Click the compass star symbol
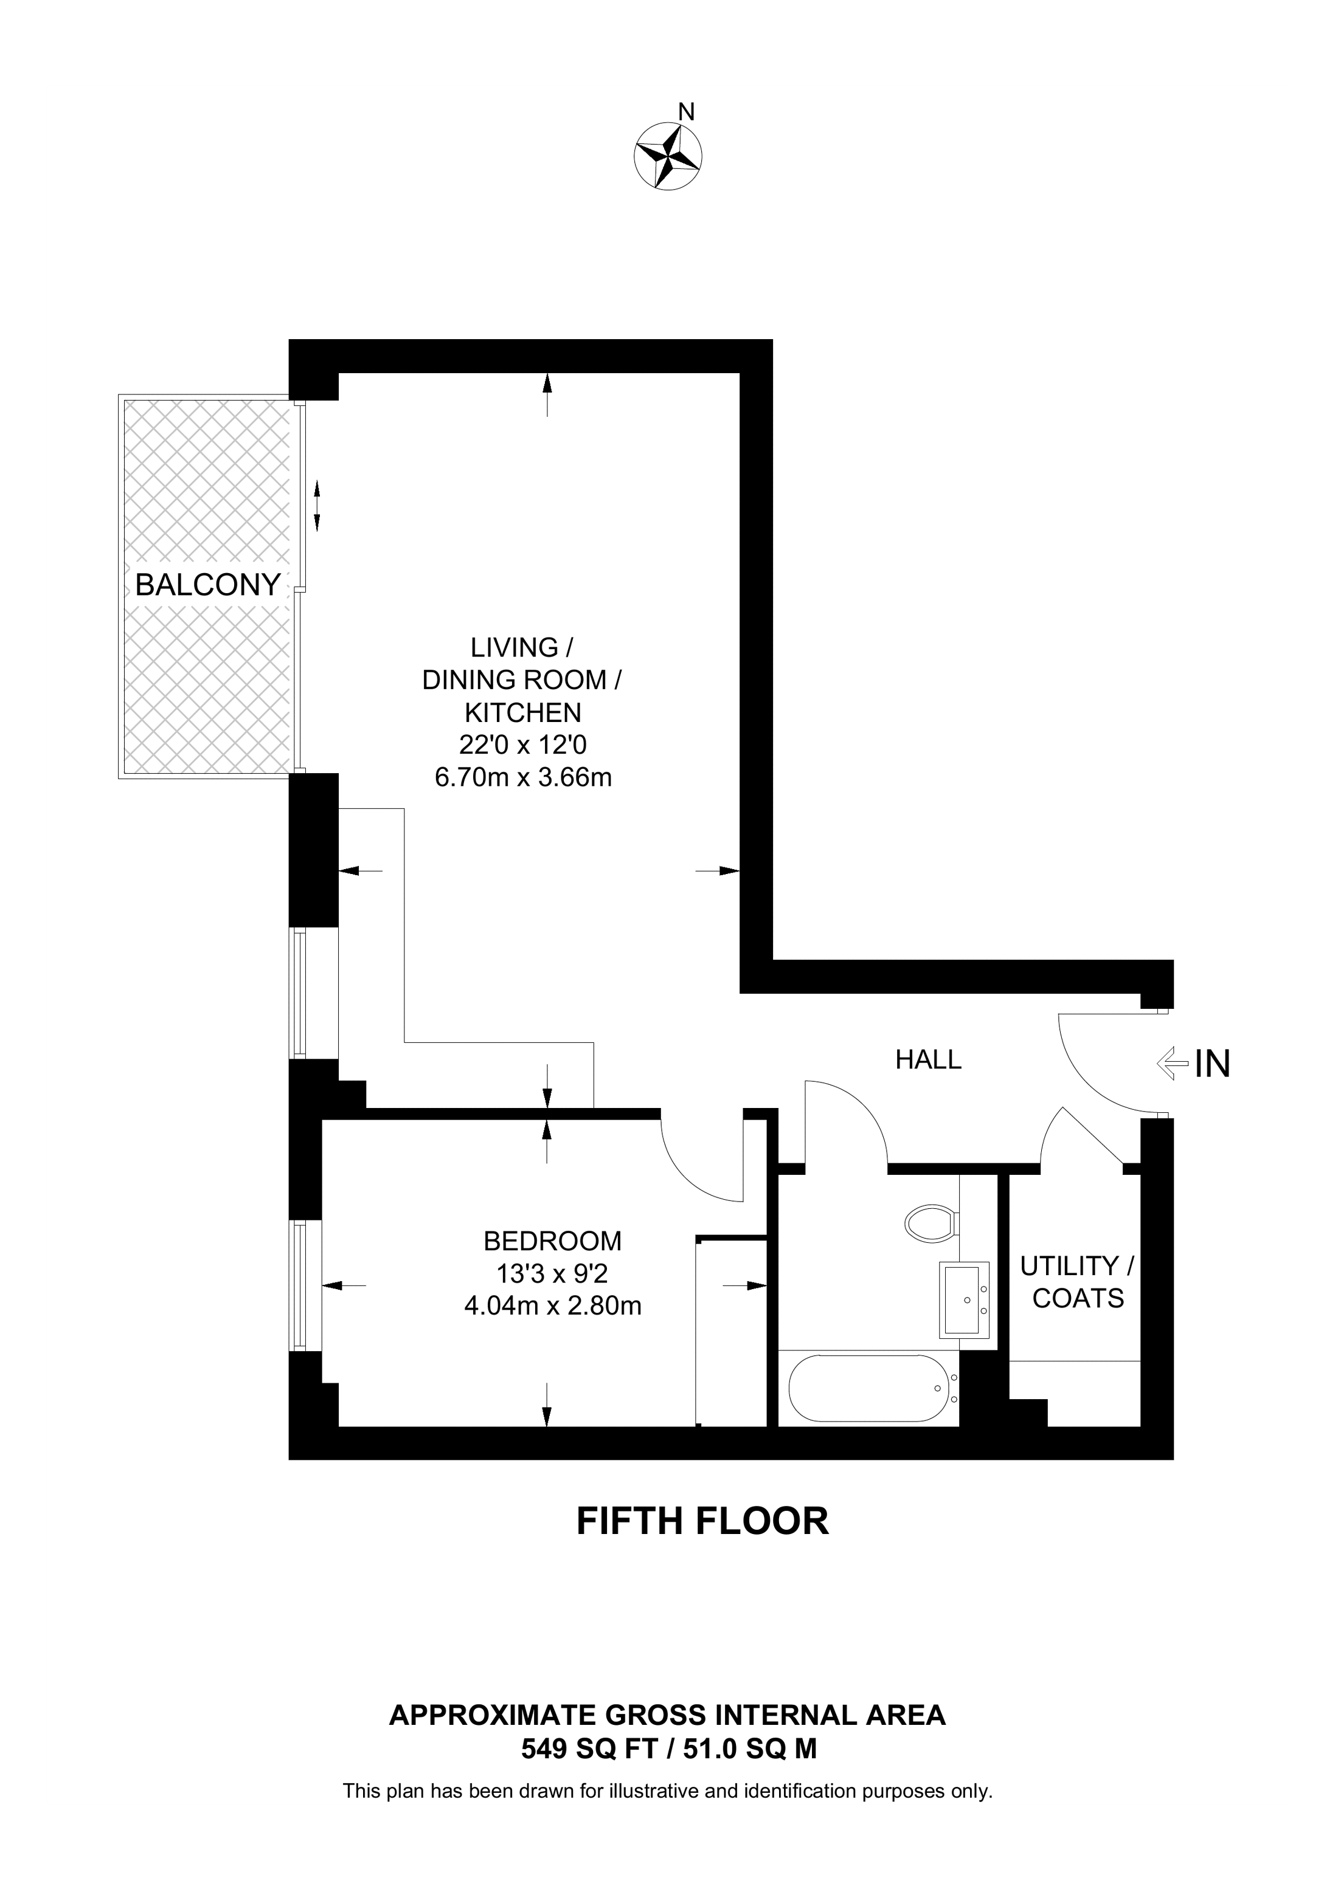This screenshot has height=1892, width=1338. click(x=668, y=155)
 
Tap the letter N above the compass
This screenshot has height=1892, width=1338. click(x=686, y=111)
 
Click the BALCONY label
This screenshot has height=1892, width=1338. click(x=208, y=585)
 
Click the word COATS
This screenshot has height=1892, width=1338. click(x=1078, y=1299)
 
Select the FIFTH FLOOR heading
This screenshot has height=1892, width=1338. click(x=702, y=1521)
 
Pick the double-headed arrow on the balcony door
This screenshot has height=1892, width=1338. click(x=317, y=505)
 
